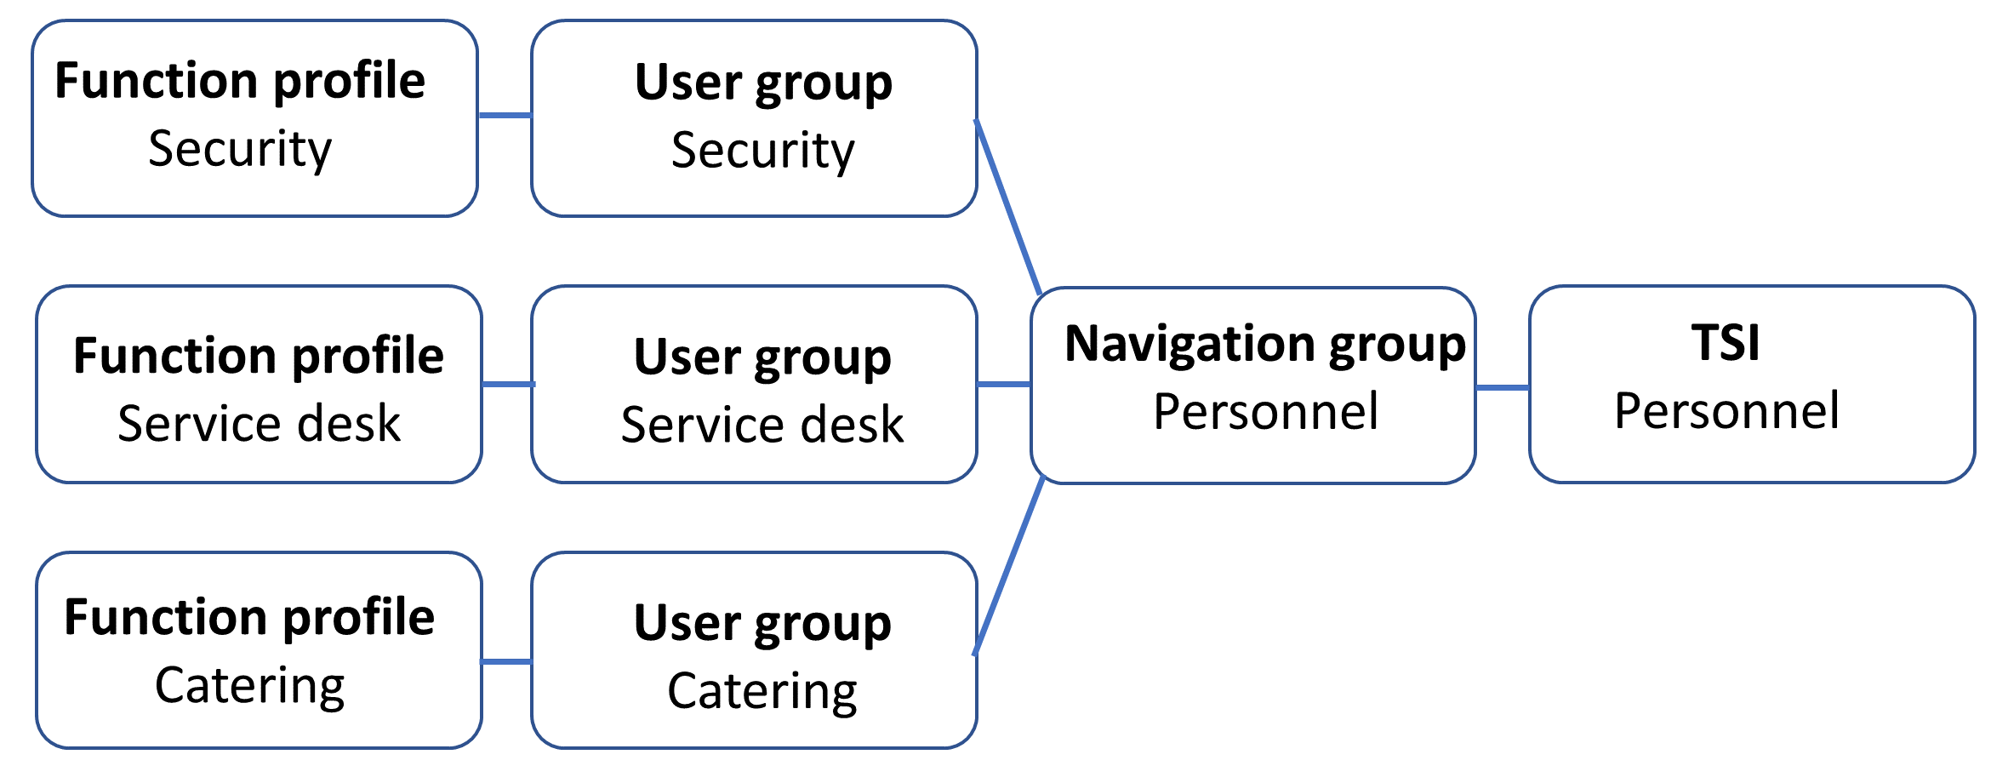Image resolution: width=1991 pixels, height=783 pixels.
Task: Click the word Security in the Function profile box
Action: [x=240, y=150]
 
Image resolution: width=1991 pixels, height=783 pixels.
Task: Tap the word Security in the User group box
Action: [x=762, y=151]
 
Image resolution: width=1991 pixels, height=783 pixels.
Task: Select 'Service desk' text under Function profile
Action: [x=259, y=424]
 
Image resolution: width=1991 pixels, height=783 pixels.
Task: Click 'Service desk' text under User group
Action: [x=762, y=426]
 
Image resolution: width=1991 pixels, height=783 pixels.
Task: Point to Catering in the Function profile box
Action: [x=250, y=686]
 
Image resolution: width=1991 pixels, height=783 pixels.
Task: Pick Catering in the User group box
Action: [x=762, y=691]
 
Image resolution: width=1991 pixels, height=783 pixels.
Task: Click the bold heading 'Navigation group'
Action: [x=1264, y=344]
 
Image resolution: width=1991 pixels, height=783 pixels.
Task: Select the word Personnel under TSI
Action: [x=1726, y=411]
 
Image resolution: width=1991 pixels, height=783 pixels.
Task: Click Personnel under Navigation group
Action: [x=1265, y=412]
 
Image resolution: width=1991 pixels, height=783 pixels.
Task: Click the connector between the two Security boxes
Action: [x=505, y=115]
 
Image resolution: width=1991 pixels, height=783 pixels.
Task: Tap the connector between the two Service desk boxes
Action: [x=507, y=384]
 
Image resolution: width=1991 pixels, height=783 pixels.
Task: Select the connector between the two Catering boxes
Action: [x=506, y=661]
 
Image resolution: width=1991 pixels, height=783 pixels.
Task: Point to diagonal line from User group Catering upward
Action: [x=1009, y=566]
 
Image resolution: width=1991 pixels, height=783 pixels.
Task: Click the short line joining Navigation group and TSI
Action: [x=1503, y=387]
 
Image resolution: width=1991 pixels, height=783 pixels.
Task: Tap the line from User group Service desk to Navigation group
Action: [x=1004, y=384]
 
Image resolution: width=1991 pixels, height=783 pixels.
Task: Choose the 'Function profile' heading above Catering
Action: [x=249, y=617]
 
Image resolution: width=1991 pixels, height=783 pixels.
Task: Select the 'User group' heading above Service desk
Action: [x=762, y=357]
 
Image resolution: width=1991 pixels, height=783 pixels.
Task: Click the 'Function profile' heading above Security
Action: [x=240, y=81]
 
